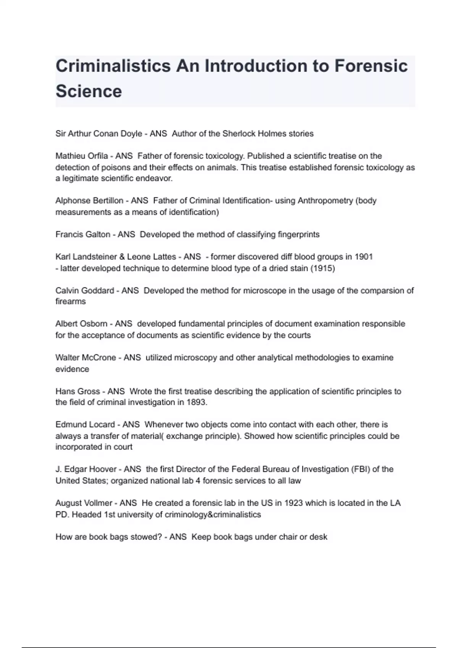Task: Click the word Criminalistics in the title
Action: click(113, 66)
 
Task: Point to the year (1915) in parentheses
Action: click(323, 268)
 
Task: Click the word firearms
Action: click(71, 302)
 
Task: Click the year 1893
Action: click(196, 403)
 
